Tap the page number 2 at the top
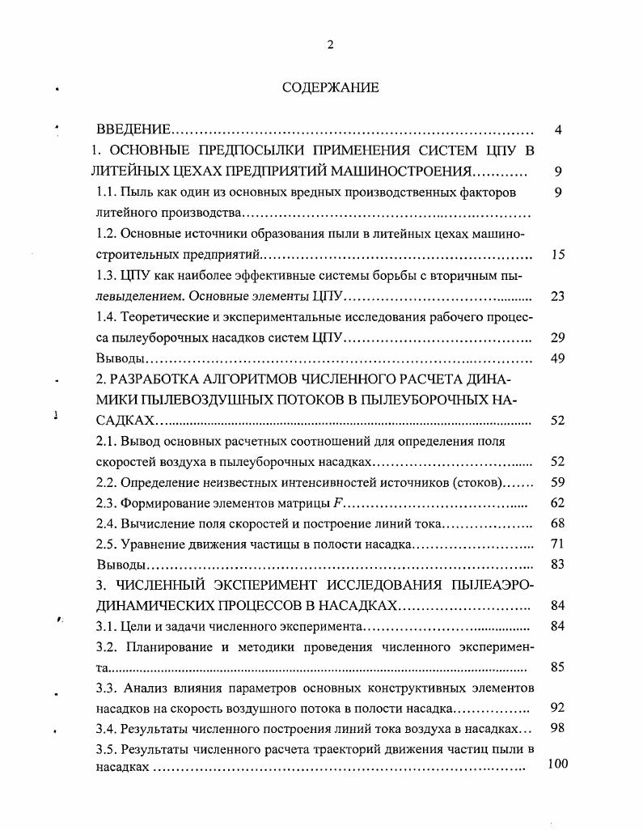[x=330, y=44]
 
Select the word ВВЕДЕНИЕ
[x=133, y=130]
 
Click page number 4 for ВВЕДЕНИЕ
[x=558, y=130]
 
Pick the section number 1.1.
[x=108, y=193]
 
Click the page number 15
[x=557, y=255]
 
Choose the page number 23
[x=557, y=296]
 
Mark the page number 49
[x=557, y=358]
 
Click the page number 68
[x=557, y=524]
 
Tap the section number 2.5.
[x=108, y=544]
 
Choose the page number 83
[x=557, y=565]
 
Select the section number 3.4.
[x=108, y=729]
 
